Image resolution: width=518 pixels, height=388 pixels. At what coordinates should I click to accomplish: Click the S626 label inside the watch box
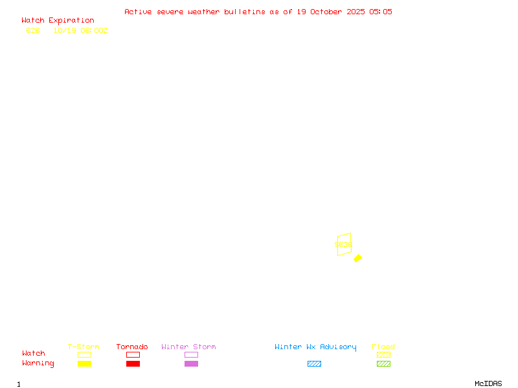[343, 245]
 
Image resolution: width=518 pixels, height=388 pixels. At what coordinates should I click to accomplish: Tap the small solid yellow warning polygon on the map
[358, 258]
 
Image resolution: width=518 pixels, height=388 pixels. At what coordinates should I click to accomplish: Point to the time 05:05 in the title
[381, 12]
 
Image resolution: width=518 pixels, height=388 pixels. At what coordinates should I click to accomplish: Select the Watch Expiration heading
[58, 21]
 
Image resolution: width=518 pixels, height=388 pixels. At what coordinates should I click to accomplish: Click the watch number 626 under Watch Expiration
[33, 30]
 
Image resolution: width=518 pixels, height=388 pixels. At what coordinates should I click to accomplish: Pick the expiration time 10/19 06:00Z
[80, 30]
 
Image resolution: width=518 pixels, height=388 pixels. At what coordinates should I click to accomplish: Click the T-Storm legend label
[84, 347]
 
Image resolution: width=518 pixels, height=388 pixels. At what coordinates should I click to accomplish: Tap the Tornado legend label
[132, 347]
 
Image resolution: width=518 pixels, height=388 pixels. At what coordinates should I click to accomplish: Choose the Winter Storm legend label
[188, 347]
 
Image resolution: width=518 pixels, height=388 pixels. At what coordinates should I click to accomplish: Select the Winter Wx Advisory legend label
[315, 347]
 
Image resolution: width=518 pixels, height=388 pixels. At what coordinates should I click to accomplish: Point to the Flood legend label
[383, 347]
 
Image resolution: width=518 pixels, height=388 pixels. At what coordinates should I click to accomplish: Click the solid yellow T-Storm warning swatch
[84, 364]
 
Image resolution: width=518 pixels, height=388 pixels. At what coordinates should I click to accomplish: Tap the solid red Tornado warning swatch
[133, 364]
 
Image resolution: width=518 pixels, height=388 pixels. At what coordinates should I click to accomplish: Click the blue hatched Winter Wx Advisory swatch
[314, 364]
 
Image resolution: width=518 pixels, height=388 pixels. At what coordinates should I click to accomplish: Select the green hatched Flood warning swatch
[383, 364]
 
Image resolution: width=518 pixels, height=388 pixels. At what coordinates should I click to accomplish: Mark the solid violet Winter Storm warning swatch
[191, 364]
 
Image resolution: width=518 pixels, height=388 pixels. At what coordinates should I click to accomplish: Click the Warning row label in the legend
[38, 363]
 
